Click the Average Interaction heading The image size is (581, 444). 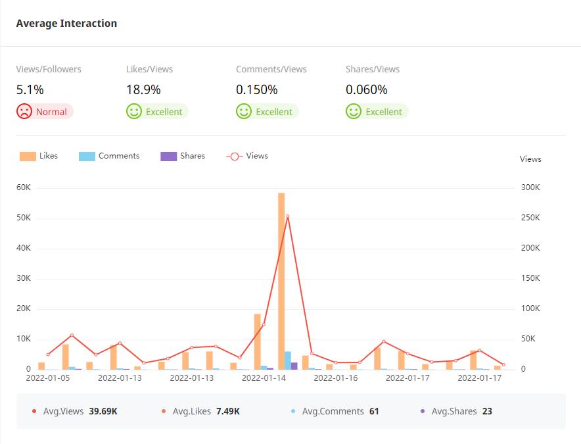tap(66, 24)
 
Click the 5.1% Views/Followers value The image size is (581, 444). tap(30, 90)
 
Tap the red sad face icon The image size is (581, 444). tap(24, 111)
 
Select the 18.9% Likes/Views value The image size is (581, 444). tap(143, 90)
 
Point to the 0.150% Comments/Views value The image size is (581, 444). tap(256, 90)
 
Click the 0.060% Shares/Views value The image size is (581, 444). tap(366, 90)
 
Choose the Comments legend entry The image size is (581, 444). tap(110, 157)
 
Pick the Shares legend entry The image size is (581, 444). tap(183, 157)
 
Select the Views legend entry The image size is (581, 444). tap(248, 157)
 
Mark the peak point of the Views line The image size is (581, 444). tap(287, 216)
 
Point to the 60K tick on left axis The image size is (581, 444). tap(24, 187)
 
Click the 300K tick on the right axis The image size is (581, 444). tap(530, 187)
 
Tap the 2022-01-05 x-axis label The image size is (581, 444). tap(47, 378)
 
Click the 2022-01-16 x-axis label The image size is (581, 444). tap(336, 378)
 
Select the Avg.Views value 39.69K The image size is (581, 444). tap(103, 411)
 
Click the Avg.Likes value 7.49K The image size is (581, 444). tap(228, 411)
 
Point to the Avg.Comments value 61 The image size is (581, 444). tap(374, 411)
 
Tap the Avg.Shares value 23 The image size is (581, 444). tap(487, 411)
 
